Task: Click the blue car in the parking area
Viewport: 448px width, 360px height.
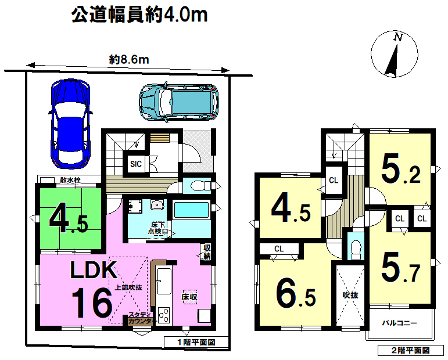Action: [70, 124]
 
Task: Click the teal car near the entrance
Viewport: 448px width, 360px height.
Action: [179, 102]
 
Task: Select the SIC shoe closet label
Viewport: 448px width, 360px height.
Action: [136, 164]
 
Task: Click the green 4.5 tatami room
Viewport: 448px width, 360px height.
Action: [70, 218]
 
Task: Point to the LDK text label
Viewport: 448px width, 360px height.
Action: [94, 269]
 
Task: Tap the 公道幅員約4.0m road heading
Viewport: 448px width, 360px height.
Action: [139, 15]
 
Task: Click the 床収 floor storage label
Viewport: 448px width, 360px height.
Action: [189, 297]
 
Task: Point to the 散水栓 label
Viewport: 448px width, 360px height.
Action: [70, 180]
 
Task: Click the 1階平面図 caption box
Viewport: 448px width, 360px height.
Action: [196, 342]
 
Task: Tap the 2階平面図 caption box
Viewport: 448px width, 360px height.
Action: [411, 350]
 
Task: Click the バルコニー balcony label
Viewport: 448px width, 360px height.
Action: [400, 323]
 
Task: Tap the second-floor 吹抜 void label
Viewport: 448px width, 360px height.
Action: [350, 295]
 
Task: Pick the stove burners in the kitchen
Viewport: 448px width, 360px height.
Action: [164, 316]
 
